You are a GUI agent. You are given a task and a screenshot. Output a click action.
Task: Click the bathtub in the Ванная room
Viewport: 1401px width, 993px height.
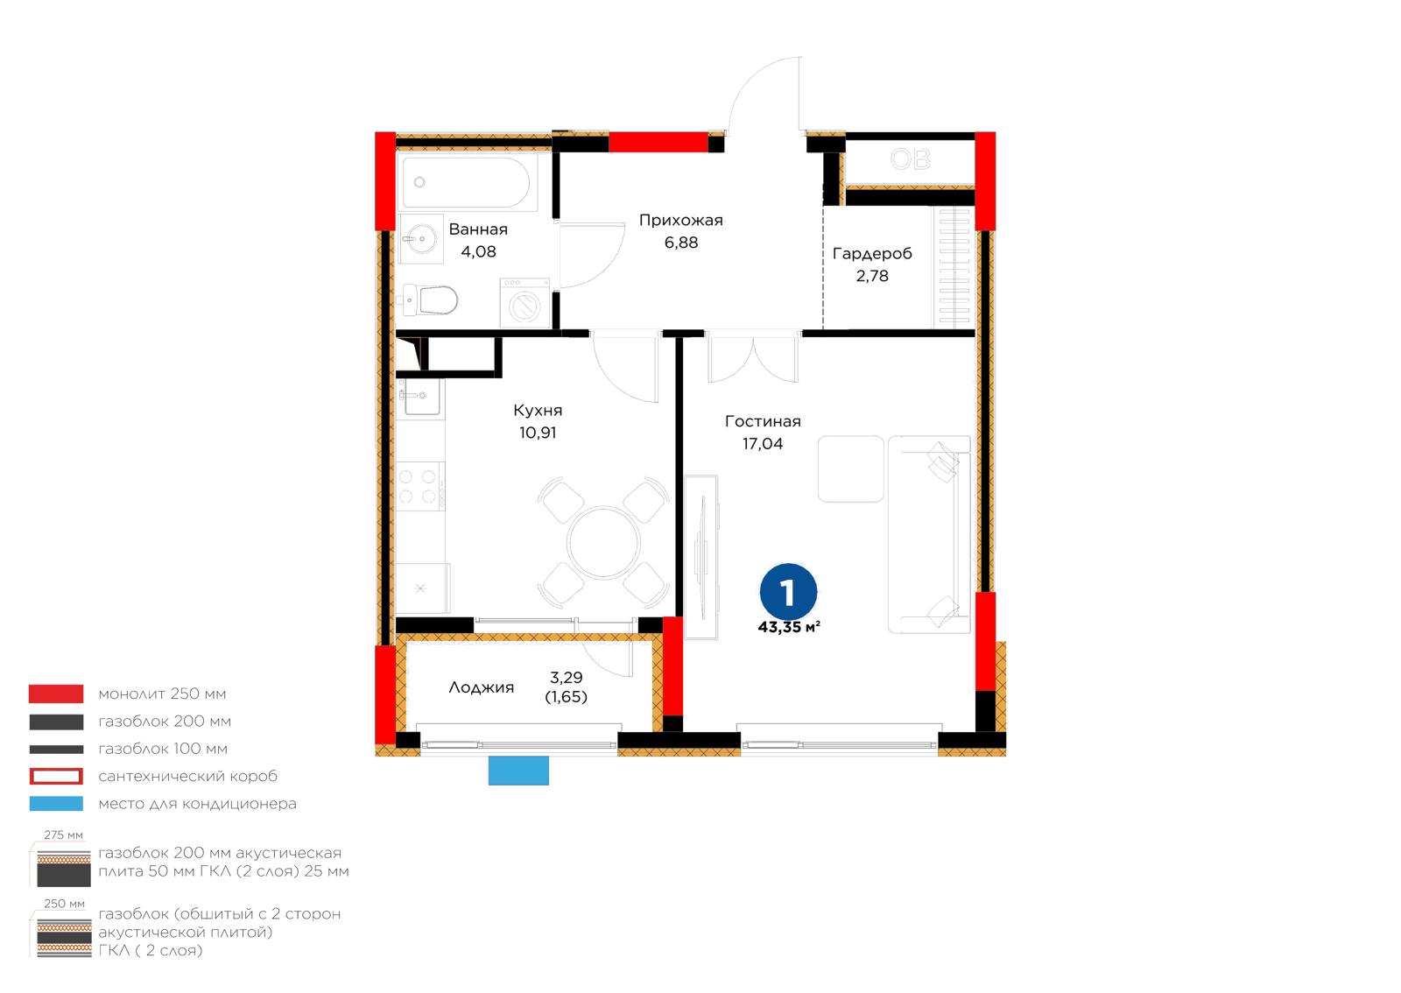pos(467,183)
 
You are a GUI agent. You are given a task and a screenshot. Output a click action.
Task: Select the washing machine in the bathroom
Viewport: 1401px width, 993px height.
pos(524,303)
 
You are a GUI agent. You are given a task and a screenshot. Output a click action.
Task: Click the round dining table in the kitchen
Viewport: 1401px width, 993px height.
pos(603,542)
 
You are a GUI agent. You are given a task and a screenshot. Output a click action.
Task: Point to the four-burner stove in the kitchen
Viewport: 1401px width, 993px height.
pos(419,486)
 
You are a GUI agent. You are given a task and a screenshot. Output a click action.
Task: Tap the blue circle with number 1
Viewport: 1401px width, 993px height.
pos(788,592)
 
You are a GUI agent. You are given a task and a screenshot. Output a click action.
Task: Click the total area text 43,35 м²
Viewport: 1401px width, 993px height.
pos(789,627)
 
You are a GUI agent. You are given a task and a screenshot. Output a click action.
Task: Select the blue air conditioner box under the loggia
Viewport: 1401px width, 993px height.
pos(518,771)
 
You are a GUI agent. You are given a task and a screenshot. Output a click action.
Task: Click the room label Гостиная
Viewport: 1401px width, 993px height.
pos(763,421)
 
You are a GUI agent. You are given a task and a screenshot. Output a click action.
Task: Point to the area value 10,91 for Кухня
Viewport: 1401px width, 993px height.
pos(538,433)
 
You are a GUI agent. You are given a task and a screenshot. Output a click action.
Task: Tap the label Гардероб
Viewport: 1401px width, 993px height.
pos(872,254)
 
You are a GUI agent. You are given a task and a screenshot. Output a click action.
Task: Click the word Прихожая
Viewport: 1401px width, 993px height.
pos(680,220)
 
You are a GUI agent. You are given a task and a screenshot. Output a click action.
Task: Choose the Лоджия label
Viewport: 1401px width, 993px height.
pos(481,688)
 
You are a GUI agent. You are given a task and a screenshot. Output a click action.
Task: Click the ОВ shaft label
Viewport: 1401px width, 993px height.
pos(910,159)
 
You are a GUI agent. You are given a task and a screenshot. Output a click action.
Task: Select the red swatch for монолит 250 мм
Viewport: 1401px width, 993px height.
pos(56,694)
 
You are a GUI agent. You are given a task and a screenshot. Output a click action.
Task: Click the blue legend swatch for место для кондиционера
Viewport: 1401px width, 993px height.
pos(56,804)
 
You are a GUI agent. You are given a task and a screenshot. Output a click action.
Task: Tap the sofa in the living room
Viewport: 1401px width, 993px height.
pos(929,535)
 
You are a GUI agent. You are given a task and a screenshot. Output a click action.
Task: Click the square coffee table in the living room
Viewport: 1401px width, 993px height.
pos(850,469)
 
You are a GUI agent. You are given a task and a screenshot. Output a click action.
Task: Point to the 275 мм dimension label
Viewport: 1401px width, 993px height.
pos(63,835)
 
